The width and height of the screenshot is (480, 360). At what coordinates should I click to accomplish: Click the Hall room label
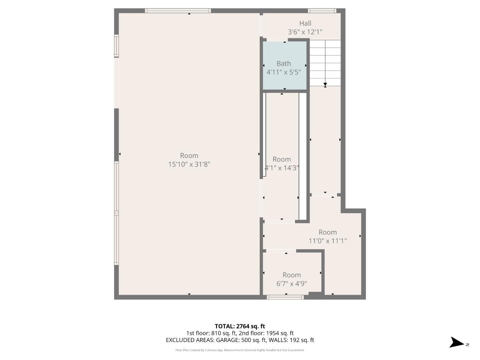click(305, 23)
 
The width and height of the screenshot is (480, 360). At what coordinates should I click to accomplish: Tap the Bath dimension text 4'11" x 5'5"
click(284, 72)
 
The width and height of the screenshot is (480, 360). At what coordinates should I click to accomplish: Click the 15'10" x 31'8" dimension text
click(189, 164)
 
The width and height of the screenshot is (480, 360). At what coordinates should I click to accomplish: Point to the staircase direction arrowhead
click(325, 85)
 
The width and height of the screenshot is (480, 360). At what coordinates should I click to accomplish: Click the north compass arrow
click(457, 343)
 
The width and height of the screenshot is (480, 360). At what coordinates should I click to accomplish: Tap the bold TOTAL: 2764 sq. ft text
click(240, 326)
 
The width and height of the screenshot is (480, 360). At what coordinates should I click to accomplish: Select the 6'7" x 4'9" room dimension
click(292, 284)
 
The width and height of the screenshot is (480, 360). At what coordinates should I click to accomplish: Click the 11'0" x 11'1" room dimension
click(328, 241)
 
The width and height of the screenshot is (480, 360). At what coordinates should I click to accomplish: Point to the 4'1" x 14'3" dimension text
click(282, 168)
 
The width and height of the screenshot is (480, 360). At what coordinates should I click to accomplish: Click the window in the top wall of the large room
click(178, 11)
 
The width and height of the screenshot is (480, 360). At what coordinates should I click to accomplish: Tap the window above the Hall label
click(322, 11)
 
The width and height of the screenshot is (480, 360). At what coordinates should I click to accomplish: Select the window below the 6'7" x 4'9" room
click(285, 297)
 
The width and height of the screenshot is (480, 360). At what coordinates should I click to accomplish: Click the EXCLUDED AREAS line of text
click(240, 340)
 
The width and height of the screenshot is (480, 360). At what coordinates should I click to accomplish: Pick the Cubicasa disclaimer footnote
click(240, 350)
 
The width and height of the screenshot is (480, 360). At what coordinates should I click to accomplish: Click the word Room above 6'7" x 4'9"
click(292, 275)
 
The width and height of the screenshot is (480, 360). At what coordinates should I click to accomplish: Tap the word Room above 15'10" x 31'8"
click(189, 156)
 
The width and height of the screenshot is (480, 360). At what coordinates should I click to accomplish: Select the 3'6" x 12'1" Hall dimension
click(305, 32)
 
